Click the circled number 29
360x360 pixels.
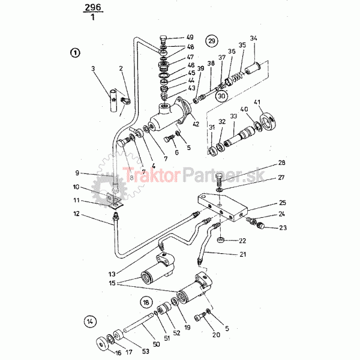point(211,41)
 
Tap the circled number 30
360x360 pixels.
point(221,95)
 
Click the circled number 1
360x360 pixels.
point(74,52)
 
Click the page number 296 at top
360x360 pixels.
point(93,7)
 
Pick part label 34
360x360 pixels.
point(253,39)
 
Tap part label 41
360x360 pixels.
point(259,101)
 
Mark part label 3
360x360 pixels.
point(93,69)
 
